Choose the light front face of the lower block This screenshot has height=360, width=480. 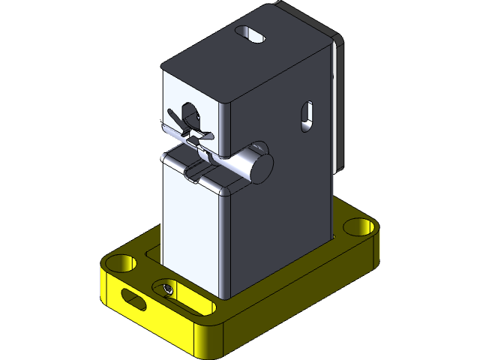[191, 232]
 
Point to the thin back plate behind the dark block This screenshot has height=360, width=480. [337, 97]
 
